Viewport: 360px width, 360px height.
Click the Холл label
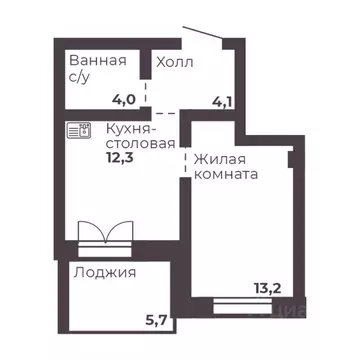coord(174,62)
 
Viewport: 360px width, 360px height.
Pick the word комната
coord(226,174)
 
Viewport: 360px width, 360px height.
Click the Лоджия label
coord(104,272)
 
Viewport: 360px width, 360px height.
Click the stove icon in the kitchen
coord(77,128)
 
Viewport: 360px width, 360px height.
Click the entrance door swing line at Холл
coord(204,35)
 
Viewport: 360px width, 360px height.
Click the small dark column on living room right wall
coord(292,156)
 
